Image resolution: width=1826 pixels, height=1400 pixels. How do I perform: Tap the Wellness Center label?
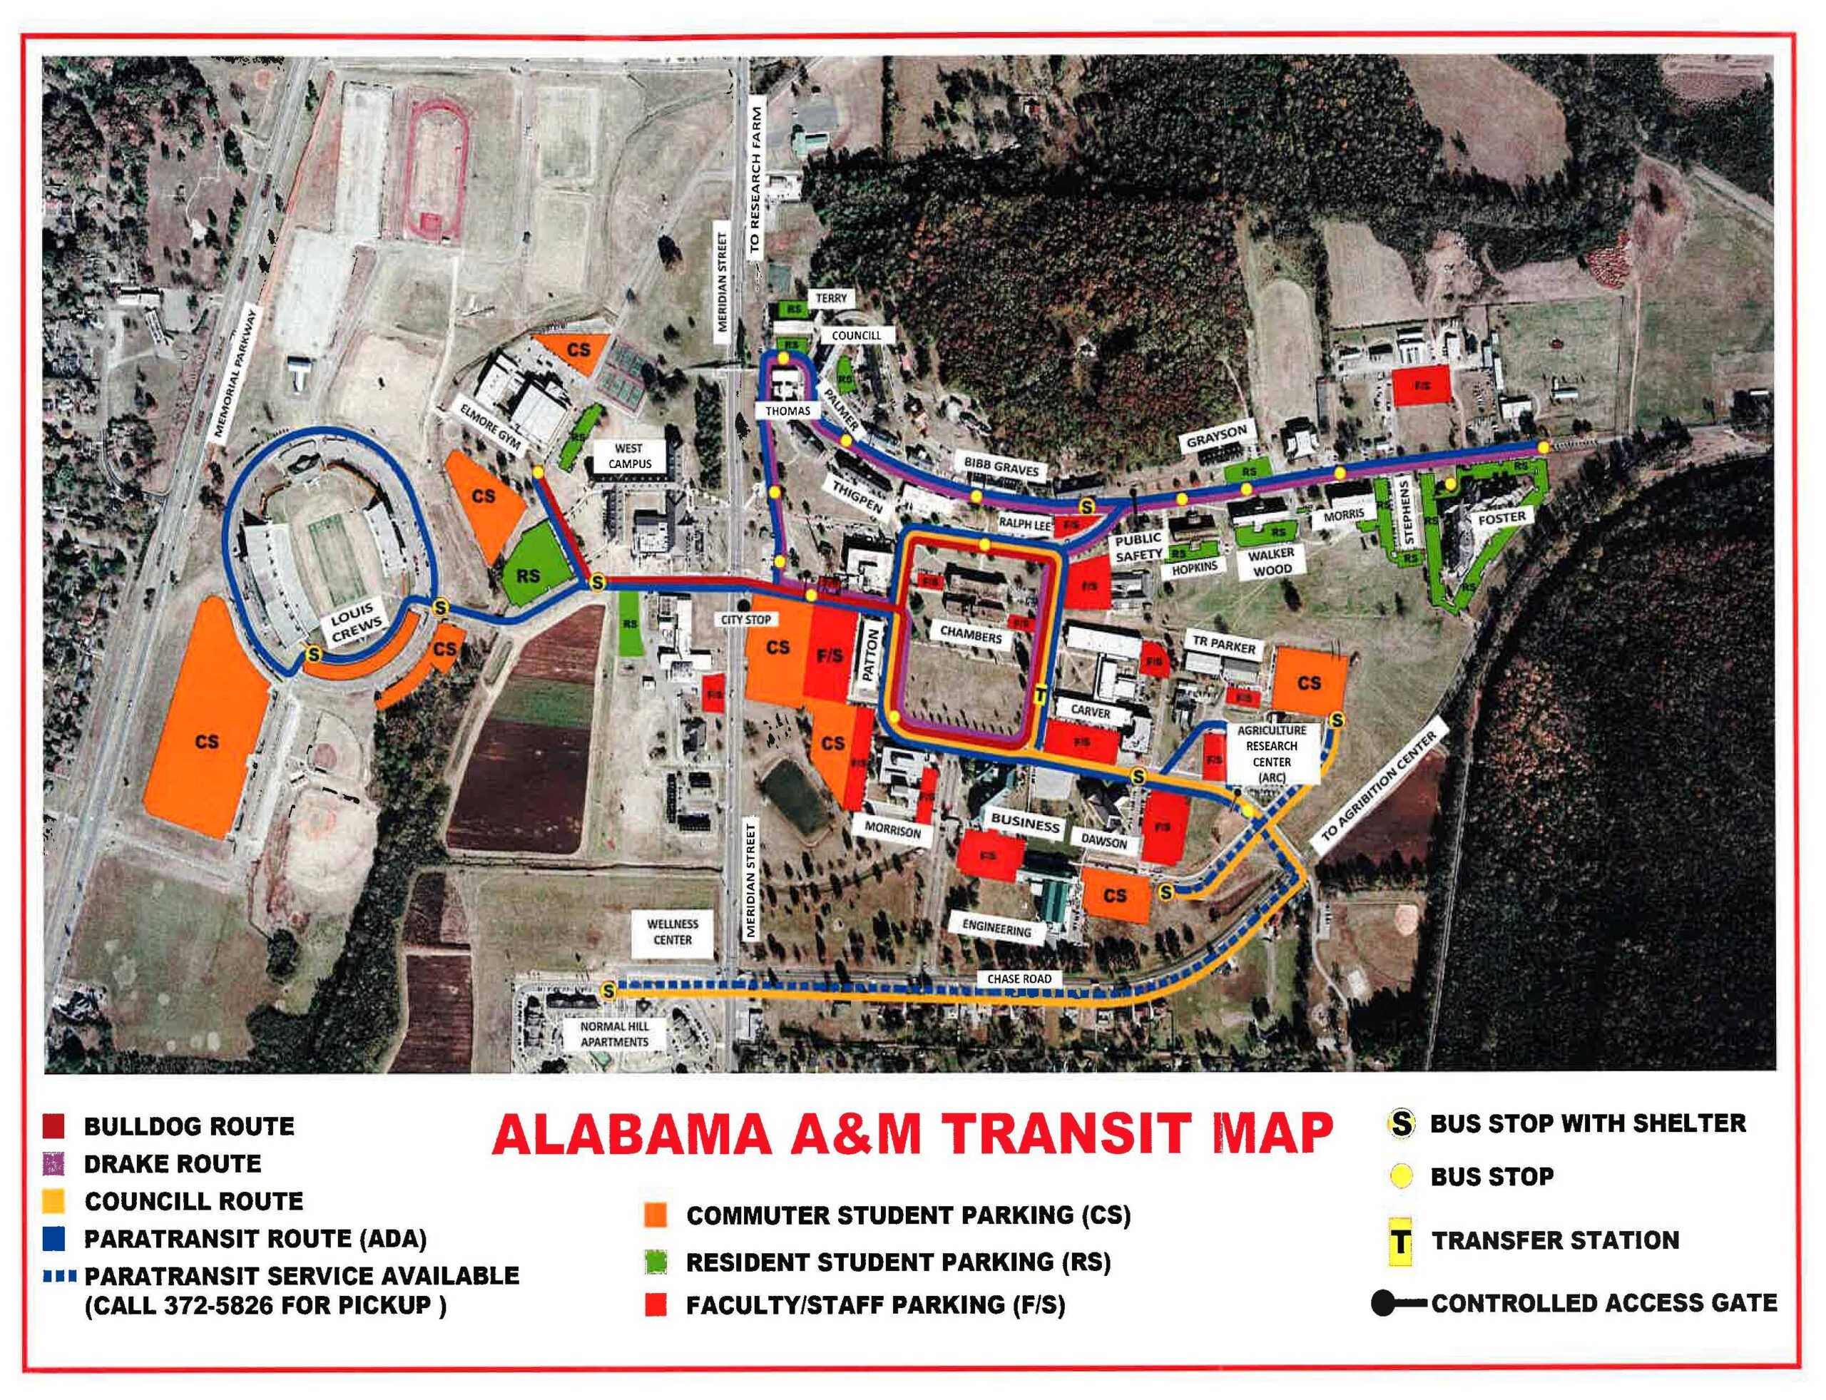[673, 931]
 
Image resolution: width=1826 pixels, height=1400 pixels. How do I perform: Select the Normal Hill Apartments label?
[614, 1034]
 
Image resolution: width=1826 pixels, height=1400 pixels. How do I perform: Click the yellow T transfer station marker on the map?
[1039, 695]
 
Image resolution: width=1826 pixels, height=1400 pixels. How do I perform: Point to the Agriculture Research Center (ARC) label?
[1271, 753]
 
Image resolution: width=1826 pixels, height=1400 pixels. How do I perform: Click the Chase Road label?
[1019, 979]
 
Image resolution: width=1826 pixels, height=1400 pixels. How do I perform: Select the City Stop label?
[747, 619]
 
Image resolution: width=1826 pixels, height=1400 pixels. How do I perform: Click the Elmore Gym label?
[490, 426]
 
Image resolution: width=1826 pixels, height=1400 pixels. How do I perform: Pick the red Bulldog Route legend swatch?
[53, 1127]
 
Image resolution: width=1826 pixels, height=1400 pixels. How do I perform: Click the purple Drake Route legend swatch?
[53, 1163]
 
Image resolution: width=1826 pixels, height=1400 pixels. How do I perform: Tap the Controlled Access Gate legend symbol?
[1399, 1303]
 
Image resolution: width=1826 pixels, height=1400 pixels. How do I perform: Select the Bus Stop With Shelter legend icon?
[1402, 1123]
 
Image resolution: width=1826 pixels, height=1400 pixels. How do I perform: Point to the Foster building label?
[1501, 518]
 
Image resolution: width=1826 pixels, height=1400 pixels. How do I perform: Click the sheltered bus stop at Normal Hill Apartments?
[608, 991]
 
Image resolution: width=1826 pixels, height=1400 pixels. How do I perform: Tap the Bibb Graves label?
[1001, 466]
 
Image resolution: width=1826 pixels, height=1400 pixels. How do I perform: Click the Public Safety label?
[1138, 547]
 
